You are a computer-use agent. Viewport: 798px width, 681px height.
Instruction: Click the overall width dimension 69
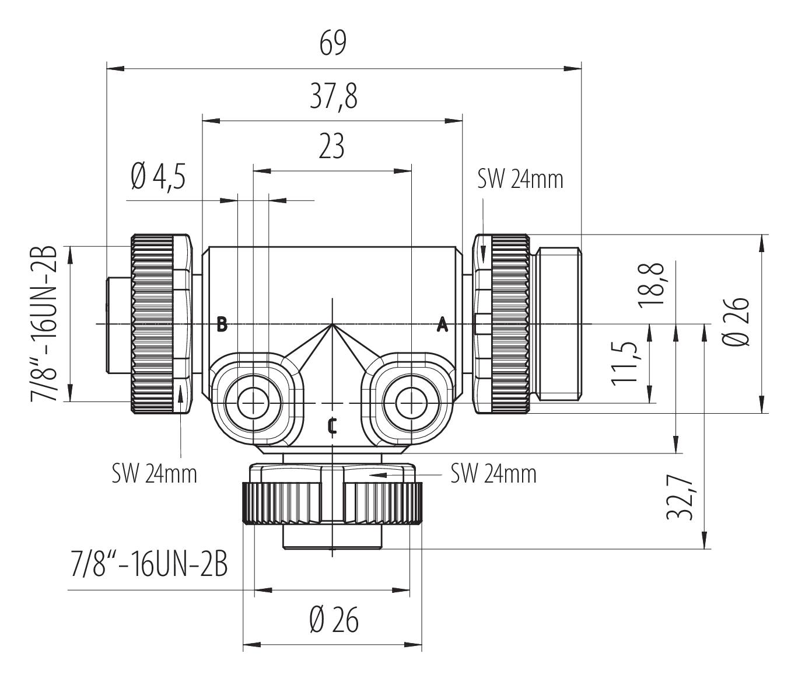332,44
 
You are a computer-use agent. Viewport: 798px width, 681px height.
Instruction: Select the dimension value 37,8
334,96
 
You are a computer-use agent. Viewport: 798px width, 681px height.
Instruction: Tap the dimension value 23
331,146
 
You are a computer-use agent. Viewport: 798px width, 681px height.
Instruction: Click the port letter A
442,324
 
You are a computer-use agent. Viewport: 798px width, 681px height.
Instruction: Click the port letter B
222,324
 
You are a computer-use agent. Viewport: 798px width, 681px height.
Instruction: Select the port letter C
332,427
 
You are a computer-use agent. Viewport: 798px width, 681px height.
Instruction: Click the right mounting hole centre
411,403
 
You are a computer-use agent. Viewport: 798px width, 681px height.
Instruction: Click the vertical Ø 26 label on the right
737,322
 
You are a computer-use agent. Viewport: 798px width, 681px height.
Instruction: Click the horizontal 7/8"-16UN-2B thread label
149,564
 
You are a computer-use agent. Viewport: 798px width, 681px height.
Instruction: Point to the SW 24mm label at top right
520,180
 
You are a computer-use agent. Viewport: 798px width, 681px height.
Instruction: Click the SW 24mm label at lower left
155,474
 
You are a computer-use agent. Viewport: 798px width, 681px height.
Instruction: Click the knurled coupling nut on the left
153,324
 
